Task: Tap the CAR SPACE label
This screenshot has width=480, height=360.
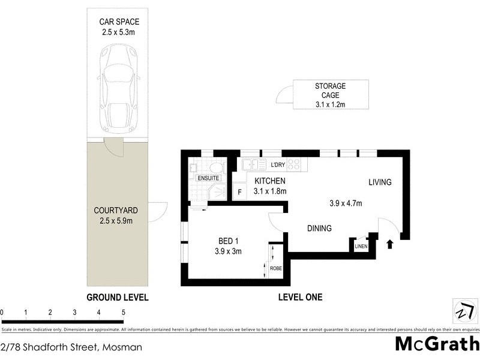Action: pyautogui.click(x=119, y=22)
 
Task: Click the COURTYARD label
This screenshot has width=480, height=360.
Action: pyautogui.click(x=116, y=211)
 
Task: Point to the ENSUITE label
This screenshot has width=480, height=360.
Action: pyautogui.click(x=208, y=178)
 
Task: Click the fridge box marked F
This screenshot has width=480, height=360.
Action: pyautogui.click(x=239, y=192)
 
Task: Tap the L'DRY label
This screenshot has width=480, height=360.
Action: pyautogui.click(x=277, y=165)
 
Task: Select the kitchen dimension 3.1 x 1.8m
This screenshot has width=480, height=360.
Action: pyautogui.click(x=270, y=191)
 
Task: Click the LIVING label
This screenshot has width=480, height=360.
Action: pyautogui.click(x=380, y=182)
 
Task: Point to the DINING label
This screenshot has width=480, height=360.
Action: pyautogui.click(x=319, y=228)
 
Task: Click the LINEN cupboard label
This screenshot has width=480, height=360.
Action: pyautogui.click(x=361, y=247)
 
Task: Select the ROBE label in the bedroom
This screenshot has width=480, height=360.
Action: pyautogui.click(x=275, y=268)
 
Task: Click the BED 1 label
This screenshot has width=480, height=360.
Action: pyautogui.click(x=229, y=242)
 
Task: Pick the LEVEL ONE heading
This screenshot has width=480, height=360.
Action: pyautogui.click(x=301, y=297)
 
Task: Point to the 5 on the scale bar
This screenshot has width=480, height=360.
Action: pyautogui.click(x=123, y=313)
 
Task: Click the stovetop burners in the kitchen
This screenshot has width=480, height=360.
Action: pyautogui.click(x=294, y=164)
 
